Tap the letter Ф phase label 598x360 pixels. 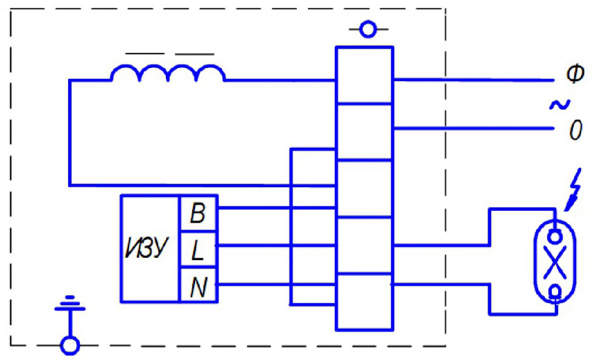click(x=575, y=74)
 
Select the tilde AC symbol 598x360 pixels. click(x=560, y=104)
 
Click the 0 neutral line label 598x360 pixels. click(x=576, y=130)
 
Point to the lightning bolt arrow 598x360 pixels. click(x=573, y=190)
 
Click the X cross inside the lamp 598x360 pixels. click(x=554, y=262)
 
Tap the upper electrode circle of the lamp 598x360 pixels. click(x=555, y=236)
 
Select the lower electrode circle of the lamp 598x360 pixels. click(x=556, y=291)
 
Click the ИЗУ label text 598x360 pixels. click(x=147, y=248)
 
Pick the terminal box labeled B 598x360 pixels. click(x=198, y=213)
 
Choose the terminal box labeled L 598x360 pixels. click(x=198, y=250)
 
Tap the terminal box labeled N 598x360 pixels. click(x=198, y=285)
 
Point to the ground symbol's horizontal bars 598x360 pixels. click(x=70, y=303)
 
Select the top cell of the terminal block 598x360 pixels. click(x=365, y=75)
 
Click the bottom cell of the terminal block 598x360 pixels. click(x=365, y=301)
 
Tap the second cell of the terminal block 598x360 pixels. click(x=365, y=132)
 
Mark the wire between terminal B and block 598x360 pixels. click(x=277, y=208)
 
